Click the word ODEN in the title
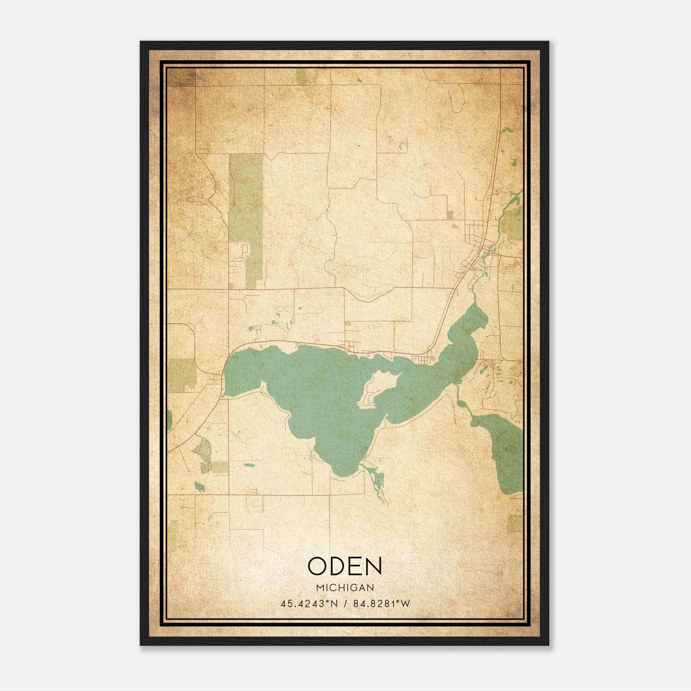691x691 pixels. pos(345,566)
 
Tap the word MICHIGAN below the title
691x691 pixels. pos(345,587)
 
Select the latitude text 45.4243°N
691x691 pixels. pos(309,604)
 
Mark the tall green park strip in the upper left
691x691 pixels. pos(246,203)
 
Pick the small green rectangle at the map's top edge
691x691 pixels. pos(301,76)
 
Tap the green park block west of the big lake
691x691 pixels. pos(181,374)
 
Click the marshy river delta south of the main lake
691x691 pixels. pos(375,479)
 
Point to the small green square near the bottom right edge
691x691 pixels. pos(515,523)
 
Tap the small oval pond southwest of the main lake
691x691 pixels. pos(249,465)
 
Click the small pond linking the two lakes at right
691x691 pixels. pos(462,404)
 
